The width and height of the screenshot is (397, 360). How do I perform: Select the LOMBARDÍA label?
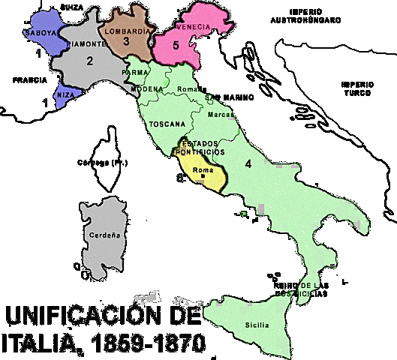pos(126,31)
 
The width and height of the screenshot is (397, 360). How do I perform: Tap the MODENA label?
pos(146,88)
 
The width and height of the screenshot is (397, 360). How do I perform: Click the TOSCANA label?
pos(167,123)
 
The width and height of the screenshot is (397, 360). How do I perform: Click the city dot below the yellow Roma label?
pos(203,176)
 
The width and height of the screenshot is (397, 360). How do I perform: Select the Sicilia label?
pos(255,326)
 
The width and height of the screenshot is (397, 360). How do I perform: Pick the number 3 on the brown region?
pos(126,43)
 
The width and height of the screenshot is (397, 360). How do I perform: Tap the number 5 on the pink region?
pos(176,45)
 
